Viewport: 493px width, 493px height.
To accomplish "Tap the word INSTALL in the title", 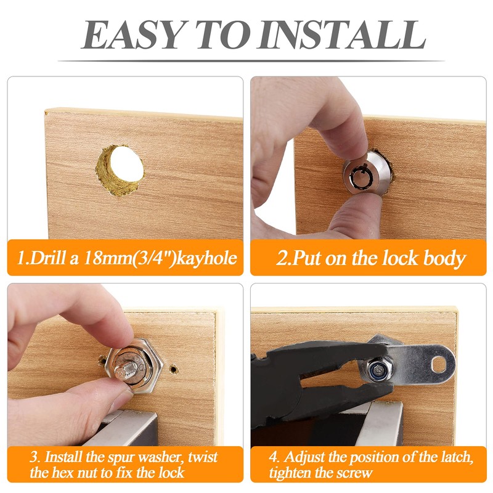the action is [341, 35].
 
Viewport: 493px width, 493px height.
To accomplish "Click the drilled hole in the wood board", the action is [120, 170].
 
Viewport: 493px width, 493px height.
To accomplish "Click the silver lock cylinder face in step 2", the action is [361, 177].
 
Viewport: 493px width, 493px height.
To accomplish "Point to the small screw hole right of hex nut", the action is [174, 369].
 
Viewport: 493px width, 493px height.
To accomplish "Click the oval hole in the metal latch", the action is [439, 365].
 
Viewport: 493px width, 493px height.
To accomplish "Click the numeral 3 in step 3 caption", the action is [33, 457].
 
